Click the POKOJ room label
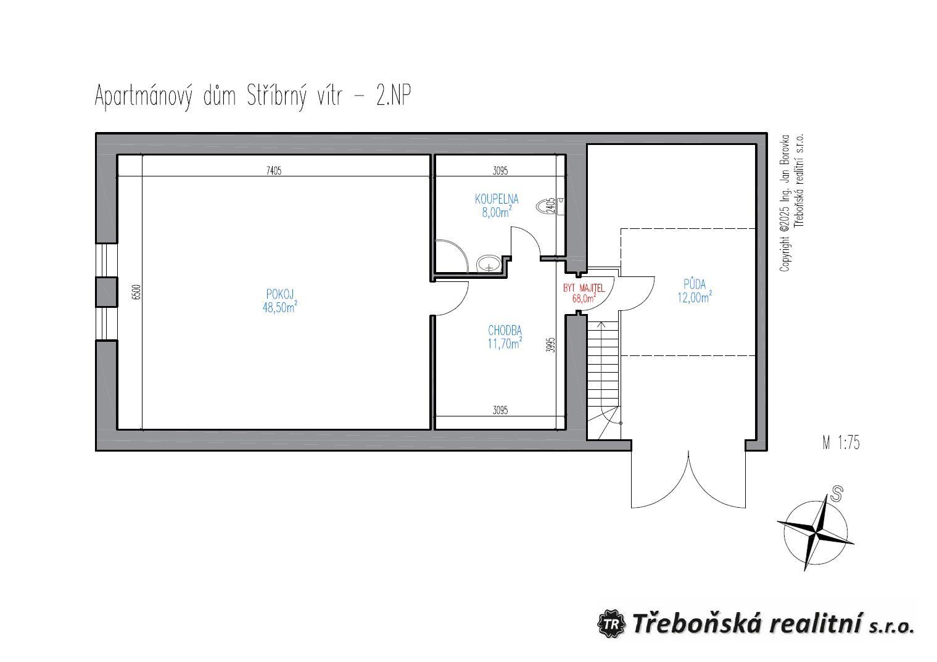280,294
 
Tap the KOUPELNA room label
497,199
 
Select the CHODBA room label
505,331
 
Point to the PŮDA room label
695,284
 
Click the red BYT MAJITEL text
584,288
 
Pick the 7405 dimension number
274,170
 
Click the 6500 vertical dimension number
136,292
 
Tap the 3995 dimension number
551,345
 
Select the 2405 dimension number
550,205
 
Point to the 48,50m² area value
280,307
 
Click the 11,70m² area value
505,343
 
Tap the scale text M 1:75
841,443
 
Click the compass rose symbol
815,532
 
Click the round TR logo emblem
611,624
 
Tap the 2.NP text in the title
394,96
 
